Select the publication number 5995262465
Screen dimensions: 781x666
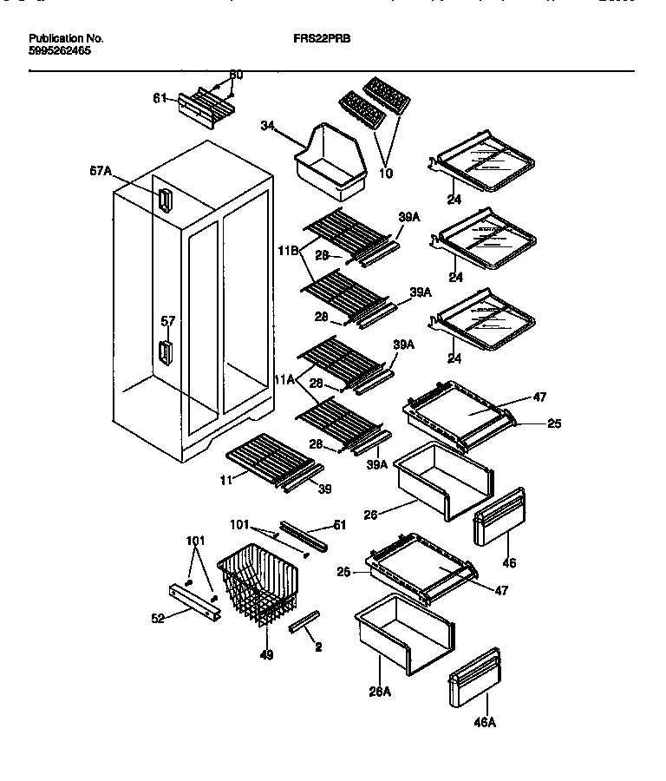59,51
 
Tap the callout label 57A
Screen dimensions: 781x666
101,173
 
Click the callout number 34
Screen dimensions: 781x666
267,127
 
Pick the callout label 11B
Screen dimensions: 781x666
288,251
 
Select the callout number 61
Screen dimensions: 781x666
160,99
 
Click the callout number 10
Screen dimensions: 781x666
385,174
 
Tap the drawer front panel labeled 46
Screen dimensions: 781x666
499,518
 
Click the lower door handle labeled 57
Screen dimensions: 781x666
164,353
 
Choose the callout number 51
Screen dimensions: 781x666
339,524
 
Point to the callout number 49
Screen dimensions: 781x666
266,655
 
